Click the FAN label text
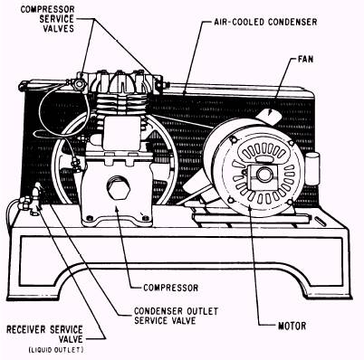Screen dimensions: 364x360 (x=305, y=59)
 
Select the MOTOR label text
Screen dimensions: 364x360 (x=292, y=326)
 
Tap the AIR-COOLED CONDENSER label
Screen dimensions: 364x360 (x=265, y=22)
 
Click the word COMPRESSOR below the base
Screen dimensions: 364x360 (x=171, y=288)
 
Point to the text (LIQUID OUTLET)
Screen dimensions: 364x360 (x=56, y=350)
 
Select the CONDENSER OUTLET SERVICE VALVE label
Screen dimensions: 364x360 (x=176, y=316)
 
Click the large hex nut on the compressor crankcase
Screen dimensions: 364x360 (x=119, y=188)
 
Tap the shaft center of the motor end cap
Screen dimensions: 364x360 (x=264, y=175)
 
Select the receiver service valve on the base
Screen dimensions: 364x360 (x=34, y=199)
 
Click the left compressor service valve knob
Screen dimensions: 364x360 (x=79, y=84)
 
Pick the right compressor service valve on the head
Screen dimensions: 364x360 (x=158, y=83)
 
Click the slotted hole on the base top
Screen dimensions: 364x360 (x=320, y=222)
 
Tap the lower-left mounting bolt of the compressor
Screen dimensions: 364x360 (x=89, y=218)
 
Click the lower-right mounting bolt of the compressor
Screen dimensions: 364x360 (x=145, y=218)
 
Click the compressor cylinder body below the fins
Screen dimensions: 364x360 (x=122, y=133)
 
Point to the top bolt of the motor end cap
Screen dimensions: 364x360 (x=233, y=140)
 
